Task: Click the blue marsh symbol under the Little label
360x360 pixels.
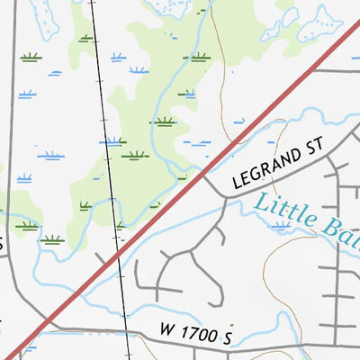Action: coord(283,228)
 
